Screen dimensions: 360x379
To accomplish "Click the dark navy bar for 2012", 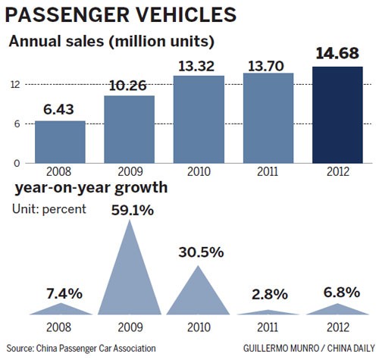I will (x=337, y=114).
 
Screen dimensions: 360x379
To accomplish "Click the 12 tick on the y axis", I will (x=14, y=84).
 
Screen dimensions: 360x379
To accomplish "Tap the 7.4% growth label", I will (x=60, y=292).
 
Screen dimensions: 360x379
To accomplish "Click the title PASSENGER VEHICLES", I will (x=121, y=14).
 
